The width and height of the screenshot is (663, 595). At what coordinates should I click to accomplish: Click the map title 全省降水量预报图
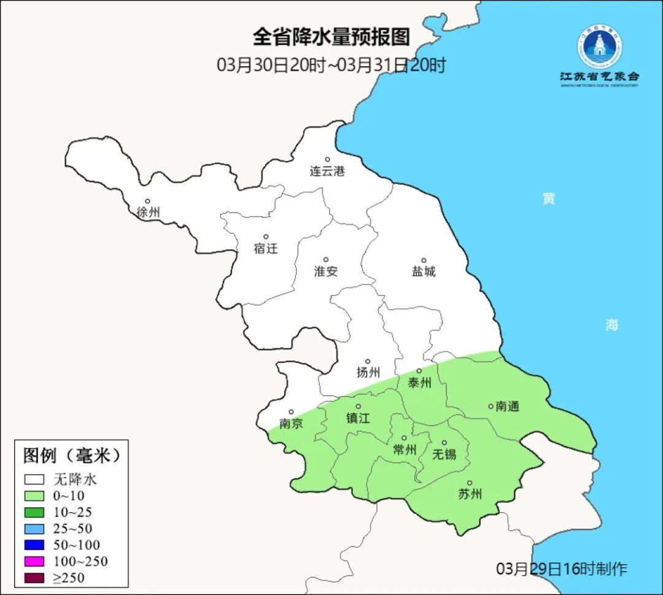(331, 37)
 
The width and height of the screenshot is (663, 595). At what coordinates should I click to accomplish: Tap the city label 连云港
(327, 171)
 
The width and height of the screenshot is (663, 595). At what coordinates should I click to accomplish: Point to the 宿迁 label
(266, 249)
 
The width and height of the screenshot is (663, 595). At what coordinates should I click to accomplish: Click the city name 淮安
(326, 271)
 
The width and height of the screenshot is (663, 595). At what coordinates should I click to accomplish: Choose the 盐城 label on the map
(424, 271)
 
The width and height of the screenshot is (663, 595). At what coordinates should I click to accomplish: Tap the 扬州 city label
(368, 372)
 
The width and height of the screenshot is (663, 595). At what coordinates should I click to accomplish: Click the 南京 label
(291, 424)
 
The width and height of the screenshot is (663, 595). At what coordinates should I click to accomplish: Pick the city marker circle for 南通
(490, 405)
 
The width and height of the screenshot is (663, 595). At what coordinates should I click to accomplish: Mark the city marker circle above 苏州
(470, 483)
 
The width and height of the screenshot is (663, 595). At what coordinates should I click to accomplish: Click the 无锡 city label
(444, 454)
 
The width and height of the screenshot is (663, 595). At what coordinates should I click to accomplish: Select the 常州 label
(405, 450)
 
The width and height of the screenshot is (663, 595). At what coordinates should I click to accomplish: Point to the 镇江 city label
(359, 418)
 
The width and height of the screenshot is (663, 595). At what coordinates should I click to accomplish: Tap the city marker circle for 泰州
(419, 371)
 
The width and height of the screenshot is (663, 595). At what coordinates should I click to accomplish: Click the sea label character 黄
(548, 199)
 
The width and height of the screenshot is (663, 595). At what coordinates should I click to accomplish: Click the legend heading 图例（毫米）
(72, 456)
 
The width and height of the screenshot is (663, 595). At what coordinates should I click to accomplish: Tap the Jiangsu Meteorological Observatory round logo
(599, 46)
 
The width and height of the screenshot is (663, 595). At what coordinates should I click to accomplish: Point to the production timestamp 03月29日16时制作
(562, 569)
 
